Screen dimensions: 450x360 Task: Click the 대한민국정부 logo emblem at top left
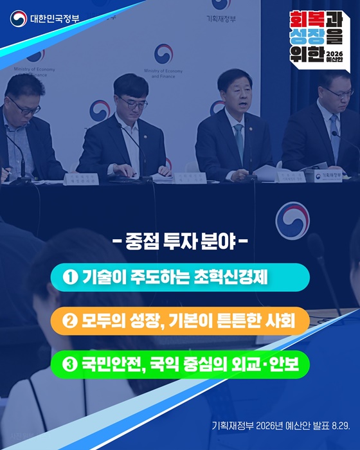18,17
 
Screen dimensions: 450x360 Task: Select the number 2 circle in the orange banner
71,321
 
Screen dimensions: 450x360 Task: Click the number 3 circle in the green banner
71,364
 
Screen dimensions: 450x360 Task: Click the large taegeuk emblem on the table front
292,221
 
